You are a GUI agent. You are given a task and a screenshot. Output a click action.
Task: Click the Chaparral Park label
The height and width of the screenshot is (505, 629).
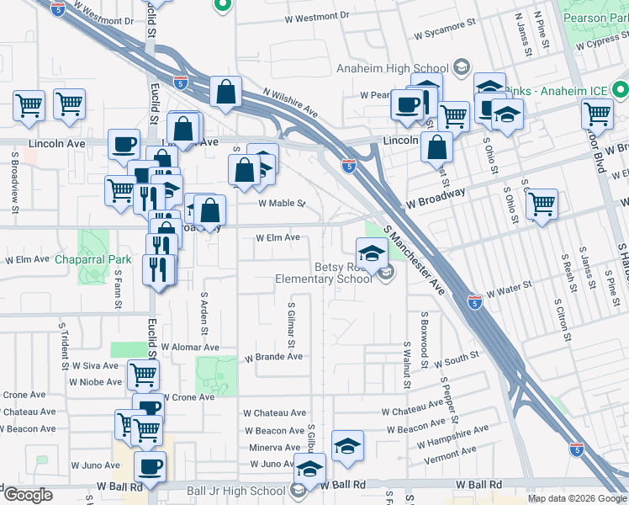[93, 259]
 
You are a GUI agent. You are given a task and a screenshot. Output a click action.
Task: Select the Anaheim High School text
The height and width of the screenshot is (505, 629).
[392, 69]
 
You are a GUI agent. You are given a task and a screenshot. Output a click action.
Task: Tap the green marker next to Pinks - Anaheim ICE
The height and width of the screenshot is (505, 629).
[621, 88]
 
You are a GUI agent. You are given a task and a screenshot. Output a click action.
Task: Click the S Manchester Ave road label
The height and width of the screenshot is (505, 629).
[415, 260]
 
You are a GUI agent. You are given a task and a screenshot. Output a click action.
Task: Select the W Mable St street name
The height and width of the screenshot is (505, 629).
[281, 204]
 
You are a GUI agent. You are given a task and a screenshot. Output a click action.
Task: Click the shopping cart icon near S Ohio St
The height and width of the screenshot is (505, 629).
[542, 203]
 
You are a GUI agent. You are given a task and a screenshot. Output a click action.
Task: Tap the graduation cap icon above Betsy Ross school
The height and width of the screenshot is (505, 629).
[371, 251]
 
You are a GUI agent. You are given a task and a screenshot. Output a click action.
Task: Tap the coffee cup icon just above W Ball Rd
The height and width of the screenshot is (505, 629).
[151, 467]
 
